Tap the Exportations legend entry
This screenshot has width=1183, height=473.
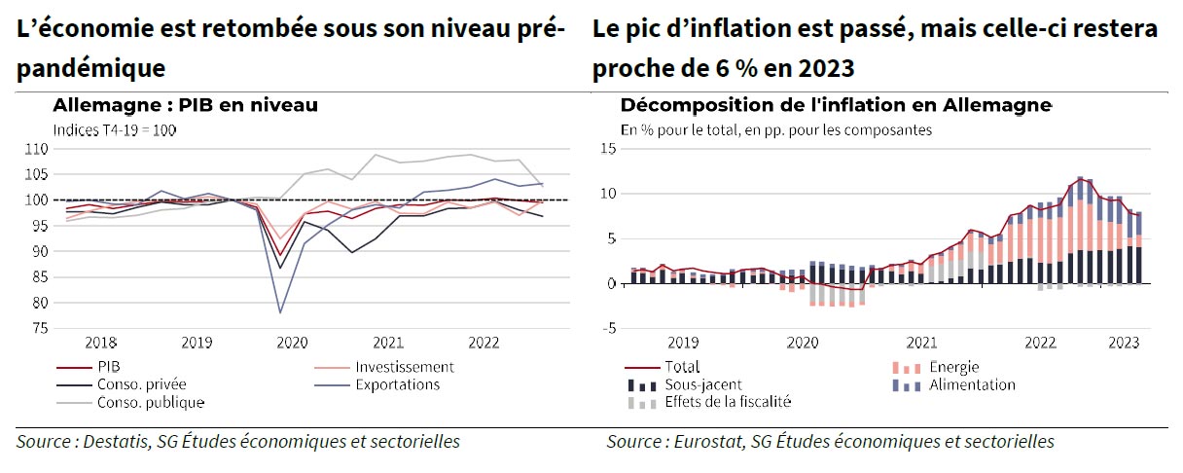pyautogui.click(x=397, y=384)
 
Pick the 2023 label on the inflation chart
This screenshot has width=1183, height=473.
pyautogui.click(x=1124, y=343)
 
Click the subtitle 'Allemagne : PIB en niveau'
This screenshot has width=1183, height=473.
pyautogui.click(x=186, y=105)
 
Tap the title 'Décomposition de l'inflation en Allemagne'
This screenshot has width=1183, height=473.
pyautogui.click(x=836, y=105)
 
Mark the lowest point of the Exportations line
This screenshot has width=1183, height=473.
pyautogui.click(x=281, y=312)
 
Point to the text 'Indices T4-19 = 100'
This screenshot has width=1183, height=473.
pyautogui.click(x=114, y=129)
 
